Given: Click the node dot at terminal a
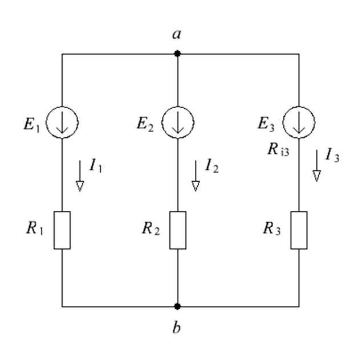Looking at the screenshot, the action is pyautogui.click(x=177, y=54).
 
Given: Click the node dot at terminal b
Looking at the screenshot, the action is pyautogui.click(x=177, y=306).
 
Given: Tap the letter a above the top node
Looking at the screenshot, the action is pyautogui.click(x=177, y=34).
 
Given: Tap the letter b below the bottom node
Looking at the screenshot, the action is pyautogui.click(x=176, y=327).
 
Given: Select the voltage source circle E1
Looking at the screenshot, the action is pyautogui.click(x=46, y=122).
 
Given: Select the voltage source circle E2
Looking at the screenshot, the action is pyautogui.click(x=162, y=122).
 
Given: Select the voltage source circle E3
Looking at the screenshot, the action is pyautogui.click(x=283, y=122).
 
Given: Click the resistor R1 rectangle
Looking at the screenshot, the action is pyautogui.click(x=54, y=230).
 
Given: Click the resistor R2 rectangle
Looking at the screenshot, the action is pyautogui.click(x=170, y=230).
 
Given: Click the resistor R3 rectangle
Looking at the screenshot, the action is pyautogui.click(x=291, y=230).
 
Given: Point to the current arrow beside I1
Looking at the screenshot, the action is pyautogui.click(x=80, y=176).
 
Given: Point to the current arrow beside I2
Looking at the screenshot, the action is pyautogui.click(x=196, y=176).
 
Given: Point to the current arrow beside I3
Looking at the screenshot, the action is pyautogui.click(x=316, y=166).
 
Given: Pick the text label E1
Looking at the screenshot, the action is pyautogui.click(x=31, y=125).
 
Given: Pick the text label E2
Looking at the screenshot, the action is pyautogui.click(x=145, y=125).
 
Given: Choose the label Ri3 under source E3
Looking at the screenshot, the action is pyautogui.click(x=278, y=149).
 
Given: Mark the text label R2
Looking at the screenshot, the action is pyautogui.click(x=151, y=229).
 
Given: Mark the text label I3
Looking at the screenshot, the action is pyautogui.click(x=332, y=155).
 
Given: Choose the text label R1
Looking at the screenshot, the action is pyautogui.click(x=35, y=228).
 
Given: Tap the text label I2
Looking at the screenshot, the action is pyautogui.click(x=211, y=166).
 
